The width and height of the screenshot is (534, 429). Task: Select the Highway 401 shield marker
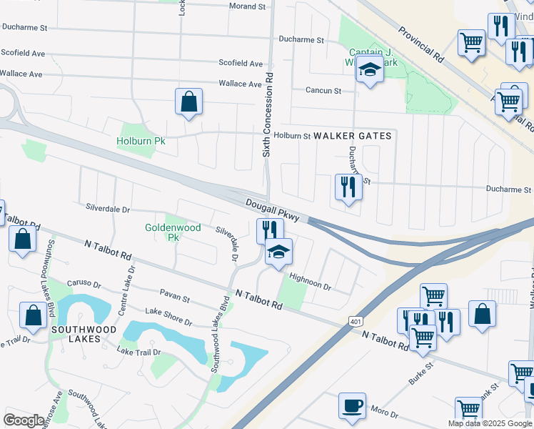pos(356,322)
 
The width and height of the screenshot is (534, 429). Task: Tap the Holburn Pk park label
pos(141,141)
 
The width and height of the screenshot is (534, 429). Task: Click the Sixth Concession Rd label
pos(268,114)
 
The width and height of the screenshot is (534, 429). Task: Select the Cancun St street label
pos(323,91)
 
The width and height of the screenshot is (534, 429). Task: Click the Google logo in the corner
pos(24,420)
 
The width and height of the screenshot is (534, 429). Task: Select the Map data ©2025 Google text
pos(490,423)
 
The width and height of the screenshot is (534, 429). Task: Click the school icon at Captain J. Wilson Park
pos(370,71)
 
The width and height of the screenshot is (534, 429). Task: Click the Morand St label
pos(247,6)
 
